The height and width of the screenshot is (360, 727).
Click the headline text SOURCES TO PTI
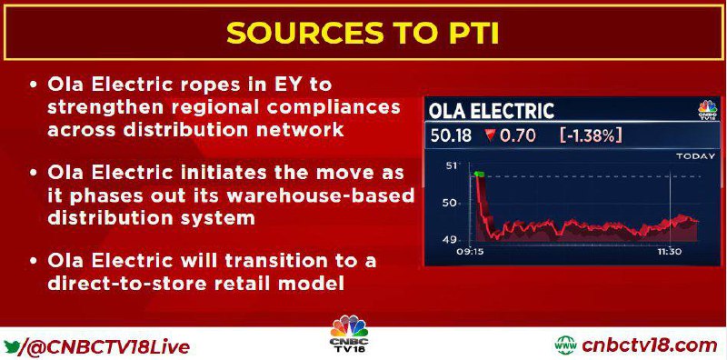(x=363, y=33)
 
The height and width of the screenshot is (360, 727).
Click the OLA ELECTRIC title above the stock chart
(x=491, y=111)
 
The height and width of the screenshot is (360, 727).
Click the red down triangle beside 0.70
(x=488, y=135)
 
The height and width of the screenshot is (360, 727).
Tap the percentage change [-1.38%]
(x=590, y=135)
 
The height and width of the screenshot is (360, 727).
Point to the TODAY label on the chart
(x=695, y=156)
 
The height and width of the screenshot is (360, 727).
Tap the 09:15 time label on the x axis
(x=468, y=253)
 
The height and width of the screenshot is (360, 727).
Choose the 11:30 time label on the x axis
(x=669, y=253)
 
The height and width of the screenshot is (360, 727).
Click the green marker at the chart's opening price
(x=479, y=175)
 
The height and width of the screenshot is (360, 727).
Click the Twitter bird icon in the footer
(x=12, y=346)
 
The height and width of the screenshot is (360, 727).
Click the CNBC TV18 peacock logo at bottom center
(x=349, y=334)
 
